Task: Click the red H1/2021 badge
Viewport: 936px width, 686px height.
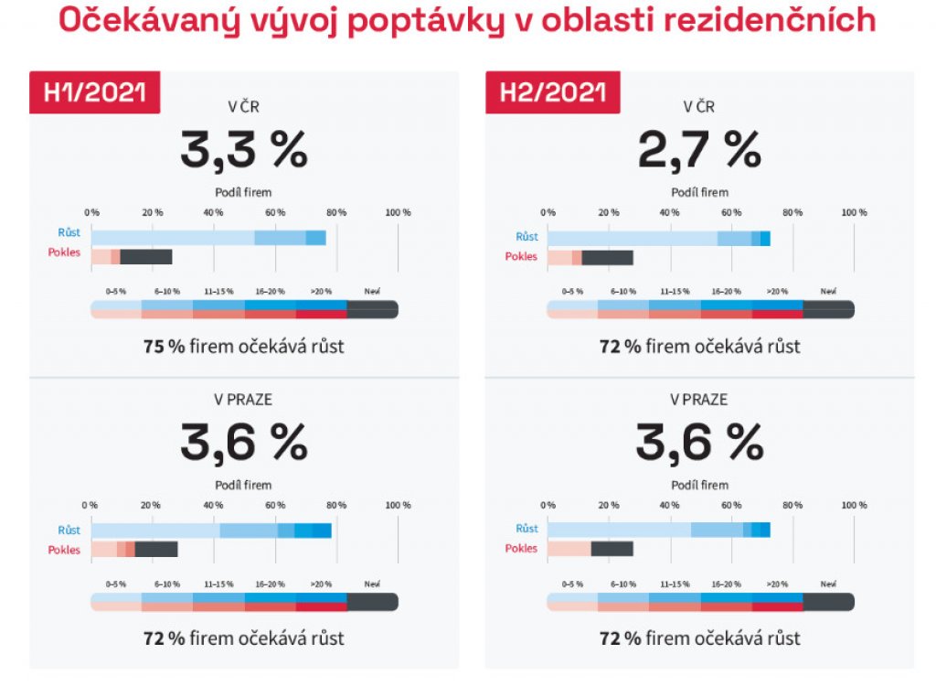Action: tap(95, 92)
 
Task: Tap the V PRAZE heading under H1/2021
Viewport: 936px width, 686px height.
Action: tap(243, 400)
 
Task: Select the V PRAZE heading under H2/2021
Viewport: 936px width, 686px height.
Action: tap(699, 400)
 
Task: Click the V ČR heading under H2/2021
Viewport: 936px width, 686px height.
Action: tap(699, 106)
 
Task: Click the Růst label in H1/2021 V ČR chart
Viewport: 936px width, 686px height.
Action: tap(69, 233)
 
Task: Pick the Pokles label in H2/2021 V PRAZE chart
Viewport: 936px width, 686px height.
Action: tap(521, 549)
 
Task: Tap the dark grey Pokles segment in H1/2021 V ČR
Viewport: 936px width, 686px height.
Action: tap(146, 257)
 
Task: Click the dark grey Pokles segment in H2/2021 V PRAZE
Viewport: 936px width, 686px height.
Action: tap(612, 549)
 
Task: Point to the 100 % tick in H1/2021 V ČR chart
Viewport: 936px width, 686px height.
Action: tap(398, 213)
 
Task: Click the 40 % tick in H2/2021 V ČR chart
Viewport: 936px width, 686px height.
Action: tap(669, 213)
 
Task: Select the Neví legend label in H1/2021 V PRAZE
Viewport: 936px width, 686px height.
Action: tap(372, 584)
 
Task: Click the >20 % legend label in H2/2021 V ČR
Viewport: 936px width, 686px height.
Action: tap(777, 292)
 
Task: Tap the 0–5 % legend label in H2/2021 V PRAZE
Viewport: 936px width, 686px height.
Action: tap(572, 584)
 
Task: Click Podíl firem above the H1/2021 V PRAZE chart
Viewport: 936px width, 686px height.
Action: tap(243, 486)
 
